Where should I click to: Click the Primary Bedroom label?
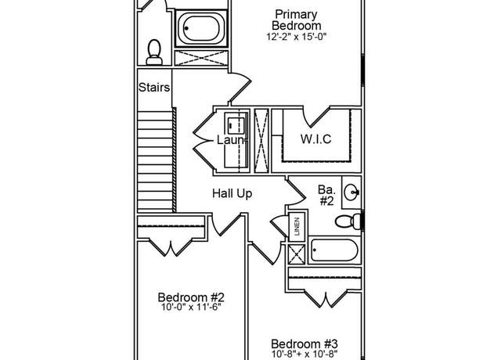(x=297, y=20)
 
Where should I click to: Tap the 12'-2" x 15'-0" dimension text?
(x=297, y=37)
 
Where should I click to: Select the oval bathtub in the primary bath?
(x=201, y=29)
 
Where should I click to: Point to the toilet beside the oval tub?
(x=154, y=52)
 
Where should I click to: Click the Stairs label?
(x=154, y=87)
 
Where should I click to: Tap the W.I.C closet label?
(x=315, y=139)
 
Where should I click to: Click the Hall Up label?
(x=232, y=193)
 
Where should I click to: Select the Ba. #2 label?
(x=326, y=195)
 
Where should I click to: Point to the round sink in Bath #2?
(x=351, y=193)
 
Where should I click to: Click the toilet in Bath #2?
(x=348, y=221)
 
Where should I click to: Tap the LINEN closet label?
(x=297, y=226)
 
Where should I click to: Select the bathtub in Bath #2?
(x=334, y=250)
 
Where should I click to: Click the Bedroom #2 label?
(x=191, y=297)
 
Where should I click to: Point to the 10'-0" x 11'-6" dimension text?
(x=191, y=308)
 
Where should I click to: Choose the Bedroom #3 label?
(x=305, y=344)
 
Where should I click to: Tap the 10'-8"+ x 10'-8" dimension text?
(x=305, y=354)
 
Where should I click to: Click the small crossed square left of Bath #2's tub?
(x=297, y=254)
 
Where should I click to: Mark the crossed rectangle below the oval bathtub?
(x=201, y=58)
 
